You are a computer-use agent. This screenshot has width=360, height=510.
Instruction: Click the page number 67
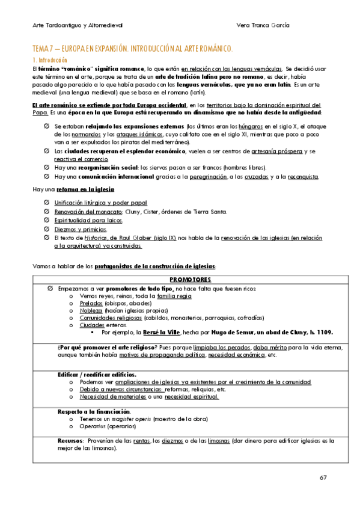coord(323,478)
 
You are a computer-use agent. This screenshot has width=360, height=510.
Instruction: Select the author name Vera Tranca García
coord(263,25)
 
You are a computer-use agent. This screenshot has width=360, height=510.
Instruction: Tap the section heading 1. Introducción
coord(50,61)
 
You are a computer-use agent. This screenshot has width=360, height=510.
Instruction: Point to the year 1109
coord(323,332)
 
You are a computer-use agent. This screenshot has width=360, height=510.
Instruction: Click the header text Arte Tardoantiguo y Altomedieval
coord(78,25)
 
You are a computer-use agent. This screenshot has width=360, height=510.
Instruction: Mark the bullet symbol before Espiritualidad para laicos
coord(47,221)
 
